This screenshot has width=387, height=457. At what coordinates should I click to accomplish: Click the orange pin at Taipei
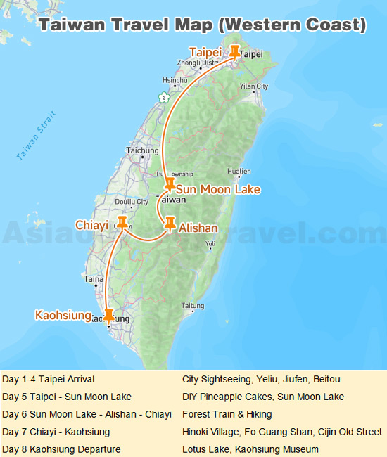235,51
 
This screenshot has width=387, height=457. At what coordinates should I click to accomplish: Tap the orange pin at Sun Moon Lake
169,184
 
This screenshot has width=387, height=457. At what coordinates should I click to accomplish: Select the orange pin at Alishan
170,224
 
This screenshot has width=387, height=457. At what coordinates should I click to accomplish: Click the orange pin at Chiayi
122,222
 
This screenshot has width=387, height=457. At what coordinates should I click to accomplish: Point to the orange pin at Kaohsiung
108,315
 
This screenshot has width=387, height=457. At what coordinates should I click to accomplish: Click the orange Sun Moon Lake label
218,190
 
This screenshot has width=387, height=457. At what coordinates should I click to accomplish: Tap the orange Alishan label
198,228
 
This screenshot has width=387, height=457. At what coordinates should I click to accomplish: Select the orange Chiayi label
92,225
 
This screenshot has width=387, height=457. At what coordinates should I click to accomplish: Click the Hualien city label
239,171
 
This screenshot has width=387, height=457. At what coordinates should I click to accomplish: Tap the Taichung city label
142,150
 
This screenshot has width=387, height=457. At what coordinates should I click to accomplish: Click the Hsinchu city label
174,80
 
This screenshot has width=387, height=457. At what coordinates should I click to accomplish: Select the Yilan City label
254,86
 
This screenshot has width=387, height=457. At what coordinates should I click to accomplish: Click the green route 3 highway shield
164,97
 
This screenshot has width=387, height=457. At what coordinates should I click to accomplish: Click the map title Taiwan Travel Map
202,25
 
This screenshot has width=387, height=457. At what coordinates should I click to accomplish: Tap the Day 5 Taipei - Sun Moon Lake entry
67,397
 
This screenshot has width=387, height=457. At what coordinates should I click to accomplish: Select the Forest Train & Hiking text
227,414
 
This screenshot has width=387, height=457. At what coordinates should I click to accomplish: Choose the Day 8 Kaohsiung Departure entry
61,449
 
